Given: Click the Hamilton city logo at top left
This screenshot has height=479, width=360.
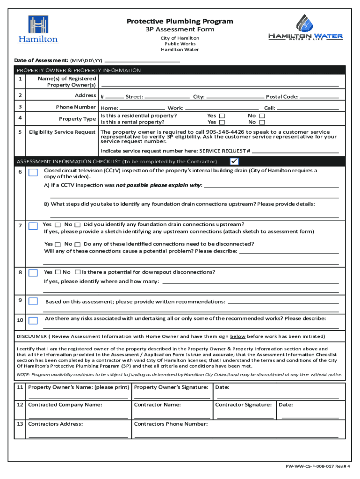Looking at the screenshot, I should pos(38,29).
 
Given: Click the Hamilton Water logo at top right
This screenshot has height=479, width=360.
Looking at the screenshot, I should pos(305,28).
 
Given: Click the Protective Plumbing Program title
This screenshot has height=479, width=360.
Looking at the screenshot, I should pos(180,22).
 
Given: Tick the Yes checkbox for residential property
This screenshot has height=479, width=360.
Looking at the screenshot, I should pos(222,116).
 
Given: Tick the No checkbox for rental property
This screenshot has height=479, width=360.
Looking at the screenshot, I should pos(262,122).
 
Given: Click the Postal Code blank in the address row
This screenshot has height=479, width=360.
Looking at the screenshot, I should pos(319,97).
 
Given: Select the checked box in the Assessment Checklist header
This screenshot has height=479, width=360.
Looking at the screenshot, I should pos(234,161).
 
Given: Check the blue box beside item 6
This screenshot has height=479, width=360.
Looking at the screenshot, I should pos(33,173).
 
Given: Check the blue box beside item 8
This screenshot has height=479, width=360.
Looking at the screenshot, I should pos(33,273).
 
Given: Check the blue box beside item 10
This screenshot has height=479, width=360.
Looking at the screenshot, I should pos(33,320).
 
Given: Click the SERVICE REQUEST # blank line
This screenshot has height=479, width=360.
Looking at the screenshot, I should pos(295,152).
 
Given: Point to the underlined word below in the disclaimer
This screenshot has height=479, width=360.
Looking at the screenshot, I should pos(238,336).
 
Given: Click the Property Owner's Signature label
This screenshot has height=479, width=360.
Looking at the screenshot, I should pos(171,387).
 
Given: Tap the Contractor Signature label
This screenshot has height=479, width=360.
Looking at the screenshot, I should pos(243,405).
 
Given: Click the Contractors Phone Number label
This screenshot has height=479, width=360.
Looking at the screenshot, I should pos(171,424).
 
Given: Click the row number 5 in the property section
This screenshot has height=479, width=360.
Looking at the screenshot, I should pos(20,132).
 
